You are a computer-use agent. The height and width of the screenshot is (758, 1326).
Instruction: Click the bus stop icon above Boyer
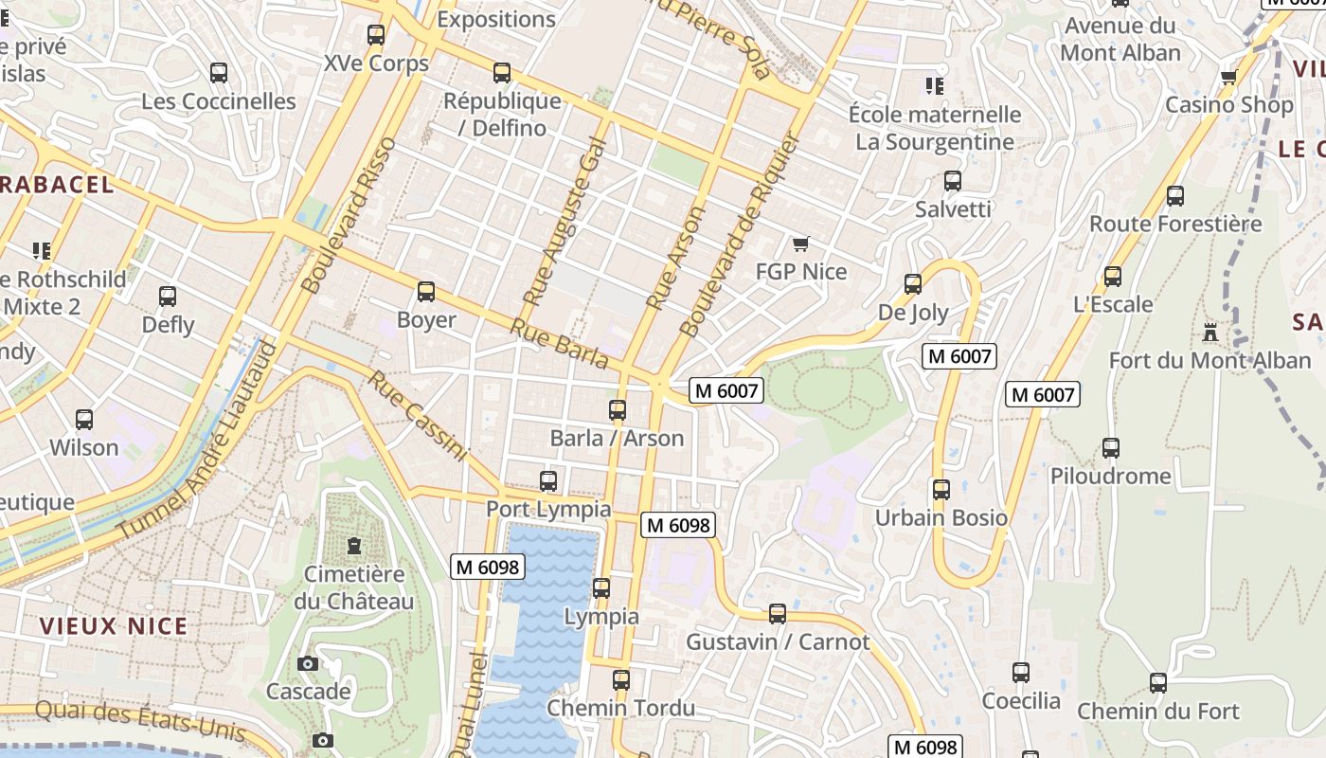pyautogui.click(x=426, y=292)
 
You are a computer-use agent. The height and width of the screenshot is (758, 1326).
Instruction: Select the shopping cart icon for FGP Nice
pyautogui.click(x=801, y=244)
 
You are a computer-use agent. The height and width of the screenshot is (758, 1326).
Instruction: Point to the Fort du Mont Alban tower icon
pyautogui.click(x=1210, y=333)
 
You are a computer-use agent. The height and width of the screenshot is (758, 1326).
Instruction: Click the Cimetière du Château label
pyautogui.click(x=353, y=587)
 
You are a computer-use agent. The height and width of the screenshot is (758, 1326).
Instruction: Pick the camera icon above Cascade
pyautogui.click(x=308, y=663)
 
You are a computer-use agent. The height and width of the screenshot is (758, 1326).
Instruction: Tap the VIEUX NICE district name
pyautogui.click(x=114, y=626)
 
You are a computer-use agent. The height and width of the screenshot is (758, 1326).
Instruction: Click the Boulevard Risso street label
pyautogui.click(x=347, y=215)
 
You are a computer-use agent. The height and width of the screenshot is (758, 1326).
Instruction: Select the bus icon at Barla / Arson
pyautogui.click(x=618, y=410)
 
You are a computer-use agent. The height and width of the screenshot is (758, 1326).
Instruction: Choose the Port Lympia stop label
pyautogui.click(x=548, y=509)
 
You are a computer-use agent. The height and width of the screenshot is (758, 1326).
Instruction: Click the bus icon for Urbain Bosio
pyautogui.click(x=941, y=490)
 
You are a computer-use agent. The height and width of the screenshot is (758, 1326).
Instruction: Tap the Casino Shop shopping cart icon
pyautogui.click(x=1229, y=78)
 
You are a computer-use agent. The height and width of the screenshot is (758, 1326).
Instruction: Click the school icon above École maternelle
pyautogui.click(x=935, y=87)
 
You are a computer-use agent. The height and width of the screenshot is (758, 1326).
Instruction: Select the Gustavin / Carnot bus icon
pyautogui.click(x=778, y=614)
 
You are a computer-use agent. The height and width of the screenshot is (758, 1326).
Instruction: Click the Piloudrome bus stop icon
pyautogui.click(x=1111, y=448)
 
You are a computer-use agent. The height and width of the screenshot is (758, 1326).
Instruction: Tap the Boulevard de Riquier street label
pyautogui.click(x=741, y=234)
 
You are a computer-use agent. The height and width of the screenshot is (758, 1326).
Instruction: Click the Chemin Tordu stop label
pyautogui.click(x=621, y=708)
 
